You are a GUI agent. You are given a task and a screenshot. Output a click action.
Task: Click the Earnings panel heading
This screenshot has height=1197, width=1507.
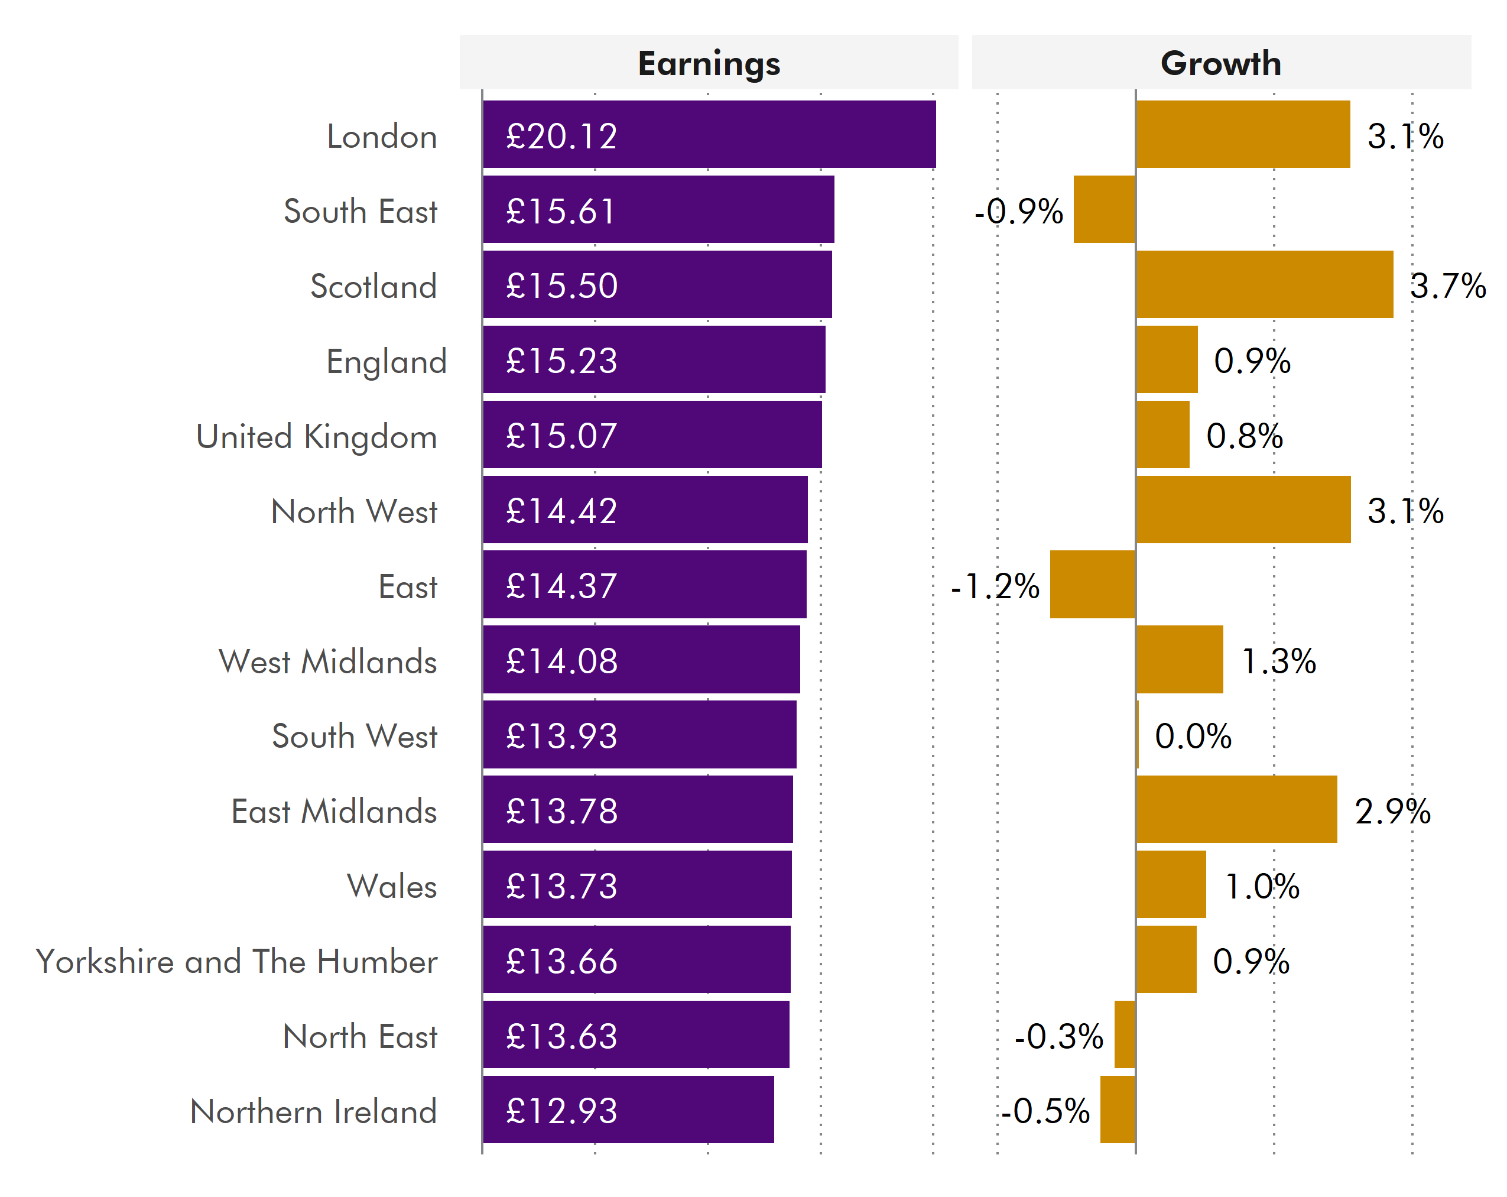(x=709, y=64)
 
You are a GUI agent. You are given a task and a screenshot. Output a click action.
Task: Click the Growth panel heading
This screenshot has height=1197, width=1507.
(x=1220, y=64)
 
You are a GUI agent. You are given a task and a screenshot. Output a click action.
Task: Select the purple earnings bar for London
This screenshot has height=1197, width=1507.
(x=709, y=134)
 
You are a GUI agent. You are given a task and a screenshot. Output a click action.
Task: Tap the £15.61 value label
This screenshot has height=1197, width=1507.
(x=561, y=210)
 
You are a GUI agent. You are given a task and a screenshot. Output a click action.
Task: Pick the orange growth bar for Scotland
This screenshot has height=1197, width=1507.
(x=1264, y=284)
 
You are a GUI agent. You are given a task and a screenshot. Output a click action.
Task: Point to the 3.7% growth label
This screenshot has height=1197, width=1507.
(x=1447, y=286)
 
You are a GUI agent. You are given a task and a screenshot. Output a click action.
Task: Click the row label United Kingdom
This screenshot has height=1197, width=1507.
(x=317, y=437)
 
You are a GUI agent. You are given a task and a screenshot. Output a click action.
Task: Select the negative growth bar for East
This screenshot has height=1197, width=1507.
(x=1092, y=585)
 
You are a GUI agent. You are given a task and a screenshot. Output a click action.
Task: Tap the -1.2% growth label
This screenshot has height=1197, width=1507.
(x=995, y=586)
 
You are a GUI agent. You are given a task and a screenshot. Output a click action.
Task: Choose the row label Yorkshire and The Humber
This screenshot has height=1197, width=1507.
(x=236, y=961)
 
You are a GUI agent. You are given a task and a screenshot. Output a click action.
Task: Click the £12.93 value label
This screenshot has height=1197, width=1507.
(x=561, y=1111)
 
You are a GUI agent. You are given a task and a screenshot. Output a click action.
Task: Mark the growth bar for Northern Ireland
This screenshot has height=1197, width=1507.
(x=1117, y=1110)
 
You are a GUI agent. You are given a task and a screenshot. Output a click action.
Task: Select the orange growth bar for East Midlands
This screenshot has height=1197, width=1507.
(x=1236, y=809)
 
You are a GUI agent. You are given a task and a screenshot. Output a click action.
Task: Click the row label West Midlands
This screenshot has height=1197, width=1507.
(x=328, y=661)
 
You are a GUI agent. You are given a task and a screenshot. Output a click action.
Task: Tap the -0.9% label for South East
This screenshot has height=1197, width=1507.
(x=1018, y=211)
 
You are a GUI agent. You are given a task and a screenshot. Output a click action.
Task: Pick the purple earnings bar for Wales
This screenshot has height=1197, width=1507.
(x=636, y=884)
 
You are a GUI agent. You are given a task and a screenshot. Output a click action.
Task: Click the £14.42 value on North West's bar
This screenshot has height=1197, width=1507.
(x=561, y=511)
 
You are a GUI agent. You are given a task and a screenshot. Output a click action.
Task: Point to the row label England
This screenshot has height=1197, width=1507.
(x=386, y=362)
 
